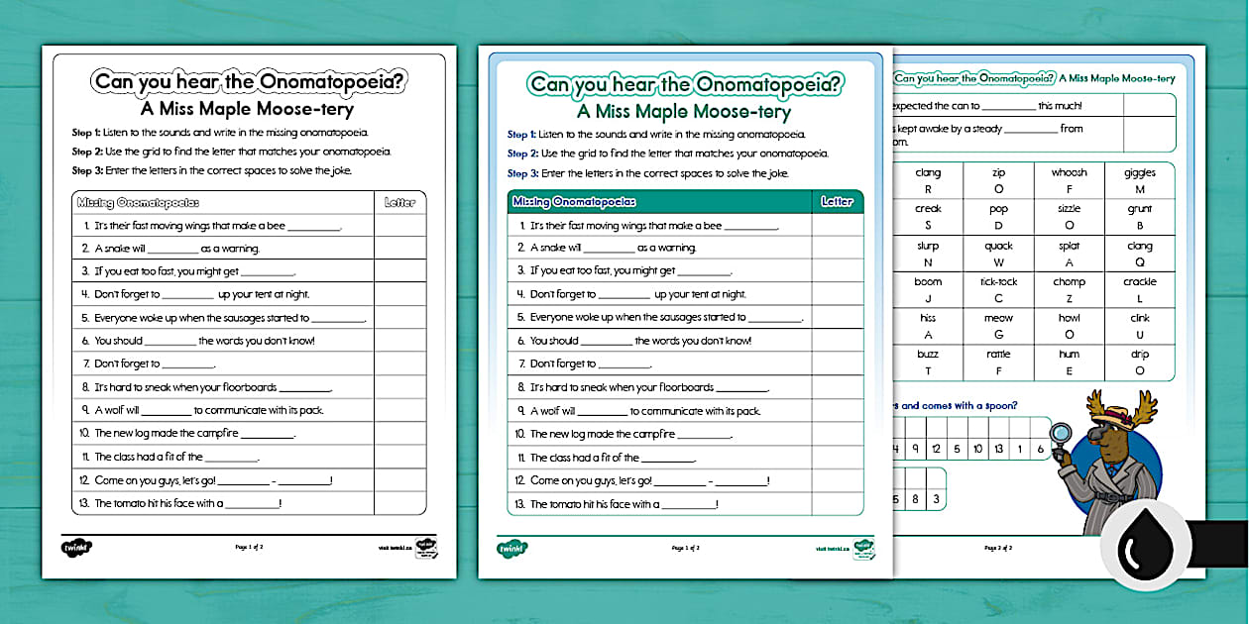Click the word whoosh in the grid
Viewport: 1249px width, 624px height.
[1069, 172]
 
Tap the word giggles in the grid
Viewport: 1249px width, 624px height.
[1140, 172]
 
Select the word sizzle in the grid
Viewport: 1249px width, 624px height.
[1069, 209]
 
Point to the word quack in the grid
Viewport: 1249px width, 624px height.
[998, 246]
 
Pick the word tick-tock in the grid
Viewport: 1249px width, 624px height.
[998, 282]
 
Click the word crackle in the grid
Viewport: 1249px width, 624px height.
[1140, 282]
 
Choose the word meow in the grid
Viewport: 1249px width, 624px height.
[998, 318]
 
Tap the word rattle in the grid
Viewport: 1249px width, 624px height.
[998, 355]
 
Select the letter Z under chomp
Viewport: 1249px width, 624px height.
[1069, 298]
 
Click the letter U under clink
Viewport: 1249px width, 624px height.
[1140, 335]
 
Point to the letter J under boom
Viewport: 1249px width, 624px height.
[928, 298]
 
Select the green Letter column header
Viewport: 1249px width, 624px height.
[837, 202]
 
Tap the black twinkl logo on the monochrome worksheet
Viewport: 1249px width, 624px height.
[75, 547]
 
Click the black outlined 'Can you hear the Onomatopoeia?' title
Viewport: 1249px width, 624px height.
[248, 82]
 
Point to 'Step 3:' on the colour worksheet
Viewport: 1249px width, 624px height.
[522, 173]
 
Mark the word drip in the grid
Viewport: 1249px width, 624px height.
[1140, 355]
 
